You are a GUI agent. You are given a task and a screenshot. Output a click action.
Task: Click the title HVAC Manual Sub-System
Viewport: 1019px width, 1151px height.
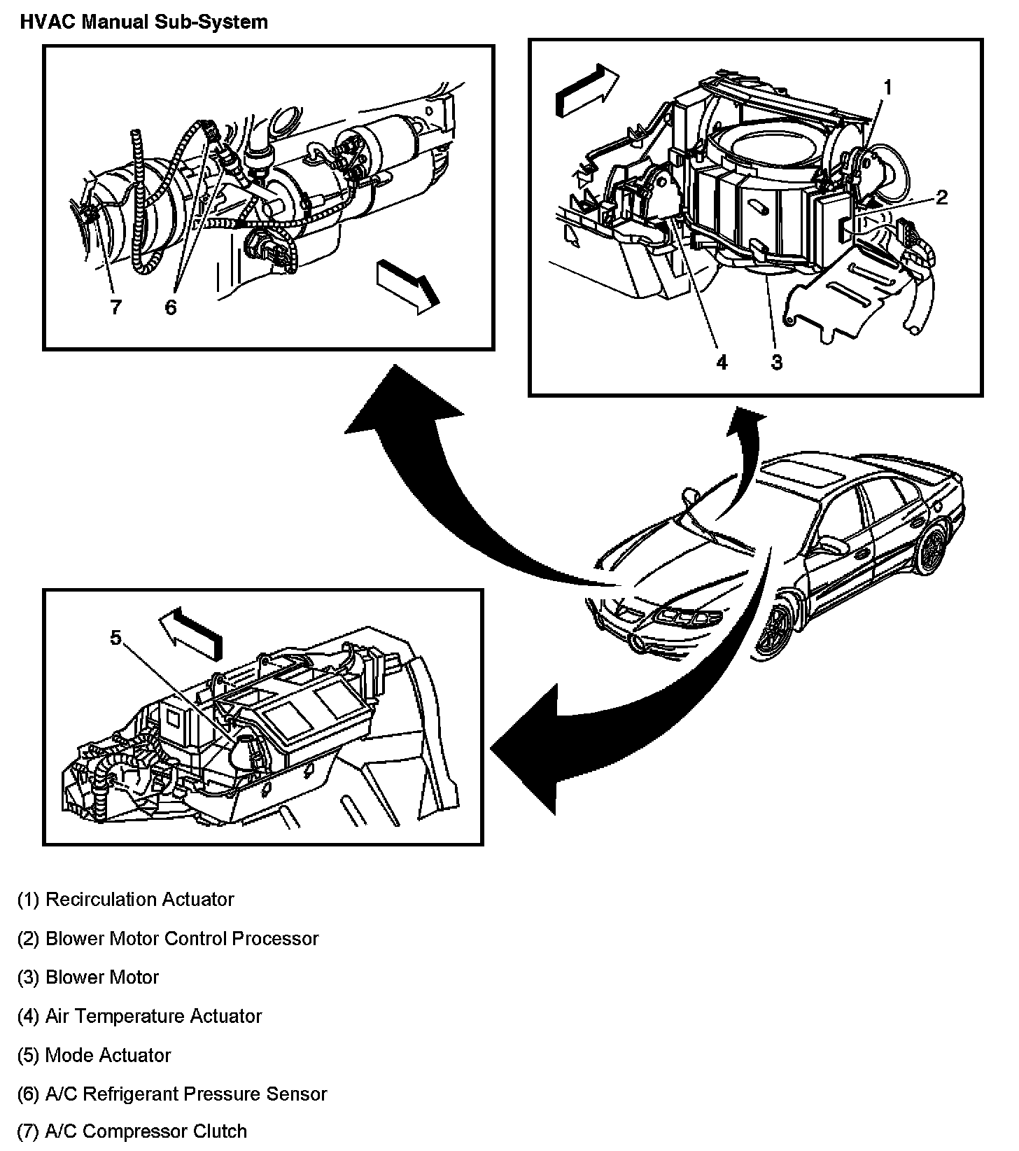143,22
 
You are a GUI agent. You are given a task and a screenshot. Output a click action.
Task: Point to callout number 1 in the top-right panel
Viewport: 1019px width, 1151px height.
887,88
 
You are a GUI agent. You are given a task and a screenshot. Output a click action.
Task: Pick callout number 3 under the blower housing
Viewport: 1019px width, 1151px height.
776,362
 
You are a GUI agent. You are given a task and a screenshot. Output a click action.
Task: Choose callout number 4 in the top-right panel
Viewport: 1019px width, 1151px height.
722,362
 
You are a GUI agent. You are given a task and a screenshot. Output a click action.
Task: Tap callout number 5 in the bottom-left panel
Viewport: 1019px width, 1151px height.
115,637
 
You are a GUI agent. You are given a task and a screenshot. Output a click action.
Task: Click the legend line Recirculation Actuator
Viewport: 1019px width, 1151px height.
125,899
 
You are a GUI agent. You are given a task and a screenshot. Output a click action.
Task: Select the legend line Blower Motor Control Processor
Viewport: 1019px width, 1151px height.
167,938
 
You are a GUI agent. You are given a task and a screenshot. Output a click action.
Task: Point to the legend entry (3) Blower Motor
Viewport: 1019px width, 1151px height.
88,977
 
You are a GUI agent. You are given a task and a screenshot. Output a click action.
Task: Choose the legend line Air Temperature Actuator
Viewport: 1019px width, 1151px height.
139,1016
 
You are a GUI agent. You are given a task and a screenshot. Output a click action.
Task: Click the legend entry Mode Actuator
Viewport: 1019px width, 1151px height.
94,1055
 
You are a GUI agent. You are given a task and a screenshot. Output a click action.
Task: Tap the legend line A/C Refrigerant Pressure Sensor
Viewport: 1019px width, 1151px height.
171,1094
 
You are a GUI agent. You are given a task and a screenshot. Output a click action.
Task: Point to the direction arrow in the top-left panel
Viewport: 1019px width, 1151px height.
408,284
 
